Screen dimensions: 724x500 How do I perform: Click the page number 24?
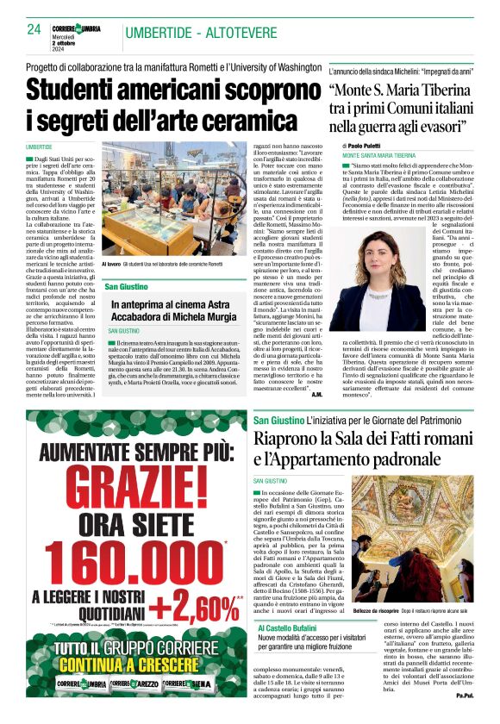pyautogui.click(x=34, y=28)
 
